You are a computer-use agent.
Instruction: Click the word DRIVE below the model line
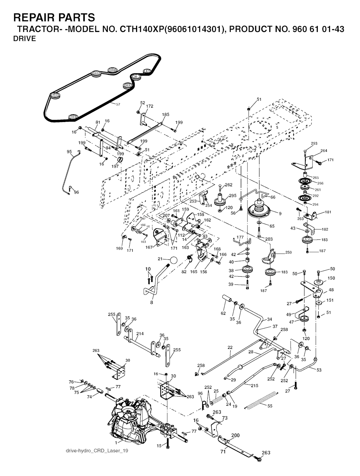tap(25, 39)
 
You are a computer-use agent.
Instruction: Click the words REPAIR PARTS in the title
tap(54, 17)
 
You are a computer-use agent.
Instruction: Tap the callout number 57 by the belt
tap(118, 104)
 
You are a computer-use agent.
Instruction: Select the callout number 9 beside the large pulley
tap(280, 213)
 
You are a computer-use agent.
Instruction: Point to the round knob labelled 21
tap(173, 260)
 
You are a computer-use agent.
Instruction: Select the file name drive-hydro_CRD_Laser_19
tap(97, 451)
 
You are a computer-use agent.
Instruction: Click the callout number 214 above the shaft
tap(140, 334)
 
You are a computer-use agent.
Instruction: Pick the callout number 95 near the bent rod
tap(69, 152)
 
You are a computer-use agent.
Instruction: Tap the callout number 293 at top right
tap(304, 143)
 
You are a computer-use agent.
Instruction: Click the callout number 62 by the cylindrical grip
tap(223, 313)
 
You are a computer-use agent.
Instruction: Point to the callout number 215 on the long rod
tap(254, 385)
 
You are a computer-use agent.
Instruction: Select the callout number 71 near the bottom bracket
tap(223, 452)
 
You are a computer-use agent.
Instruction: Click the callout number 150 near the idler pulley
tap(331, 278)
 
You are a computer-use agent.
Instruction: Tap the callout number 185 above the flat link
tap(166, 115)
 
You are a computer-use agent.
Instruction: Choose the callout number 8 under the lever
tap(152, 302)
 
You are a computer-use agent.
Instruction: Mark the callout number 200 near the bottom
tap(235, 435)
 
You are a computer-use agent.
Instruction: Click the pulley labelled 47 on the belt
tap(147, 71)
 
